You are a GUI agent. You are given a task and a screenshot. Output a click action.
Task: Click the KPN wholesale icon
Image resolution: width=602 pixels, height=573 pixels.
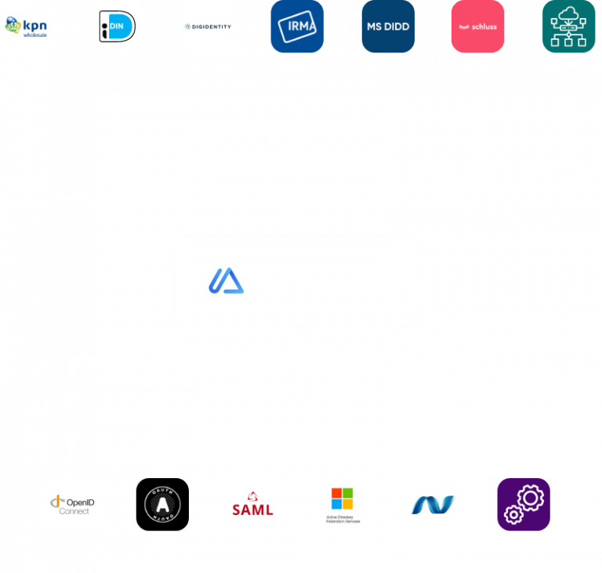[27, 27]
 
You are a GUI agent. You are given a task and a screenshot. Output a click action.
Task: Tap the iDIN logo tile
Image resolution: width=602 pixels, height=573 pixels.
[118, 27]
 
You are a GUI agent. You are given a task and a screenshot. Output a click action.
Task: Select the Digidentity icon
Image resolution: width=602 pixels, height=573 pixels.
[208, 27]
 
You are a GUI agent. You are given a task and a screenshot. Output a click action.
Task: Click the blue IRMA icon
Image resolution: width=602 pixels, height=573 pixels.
[297, 27]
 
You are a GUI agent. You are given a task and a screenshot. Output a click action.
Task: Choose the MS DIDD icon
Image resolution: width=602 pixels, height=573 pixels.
[388, 27]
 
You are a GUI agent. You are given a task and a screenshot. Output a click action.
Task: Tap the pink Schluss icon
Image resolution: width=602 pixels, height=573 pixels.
[478, 27]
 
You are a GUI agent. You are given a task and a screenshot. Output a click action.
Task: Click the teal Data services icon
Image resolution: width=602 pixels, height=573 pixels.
[569, 27]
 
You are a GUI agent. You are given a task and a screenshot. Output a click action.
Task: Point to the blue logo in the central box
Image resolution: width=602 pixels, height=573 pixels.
[226, 281]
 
